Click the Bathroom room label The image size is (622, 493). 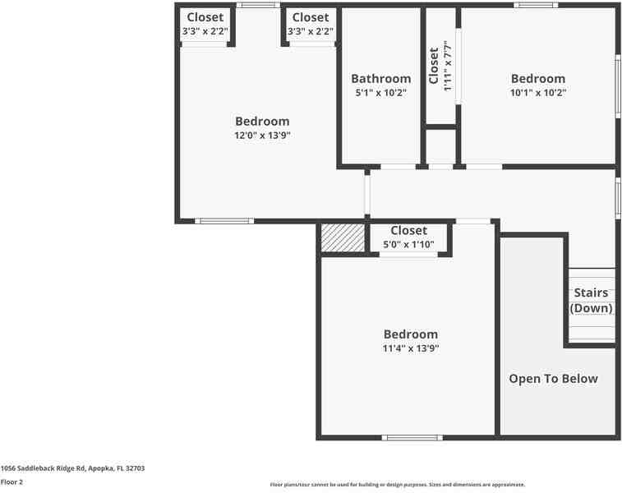(380, 79)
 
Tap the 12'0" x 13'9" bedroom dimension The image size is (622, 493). (262, 136)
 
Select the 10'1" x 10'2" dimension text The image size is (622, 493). (538, 93)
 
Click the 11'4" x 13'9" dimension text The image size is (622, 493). (411, 348)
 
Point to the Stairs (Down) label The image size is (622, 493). (591, 301)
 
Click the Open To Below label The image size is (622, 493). (553, 379)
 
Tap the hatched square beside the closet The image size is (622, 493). (343, 238)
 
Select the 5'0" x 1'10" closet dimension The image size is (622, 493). (408, 244)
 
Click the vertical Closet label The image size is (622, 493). (434, 66)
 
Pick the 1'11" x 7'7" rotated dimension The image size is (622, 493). (447, 66)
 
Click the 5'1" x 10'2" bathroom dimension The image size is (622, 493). (380, 93)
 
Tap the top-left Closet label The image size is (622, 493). (205, 17)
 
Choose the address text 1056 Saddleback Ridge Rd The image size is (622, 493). (72, 468)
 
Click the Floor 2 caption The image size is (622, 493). (12, 482)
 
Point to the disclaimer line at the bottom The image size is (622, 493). (398, 485)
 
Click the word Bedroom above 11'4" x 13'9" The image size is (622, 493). (411, 334)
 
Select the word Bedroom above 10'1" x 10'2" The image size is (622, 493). (538, 79)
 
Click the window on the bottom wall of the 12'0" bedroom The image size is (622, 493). (224, 221)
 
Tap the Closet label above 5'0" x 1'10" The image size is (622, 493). (408, 231)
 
